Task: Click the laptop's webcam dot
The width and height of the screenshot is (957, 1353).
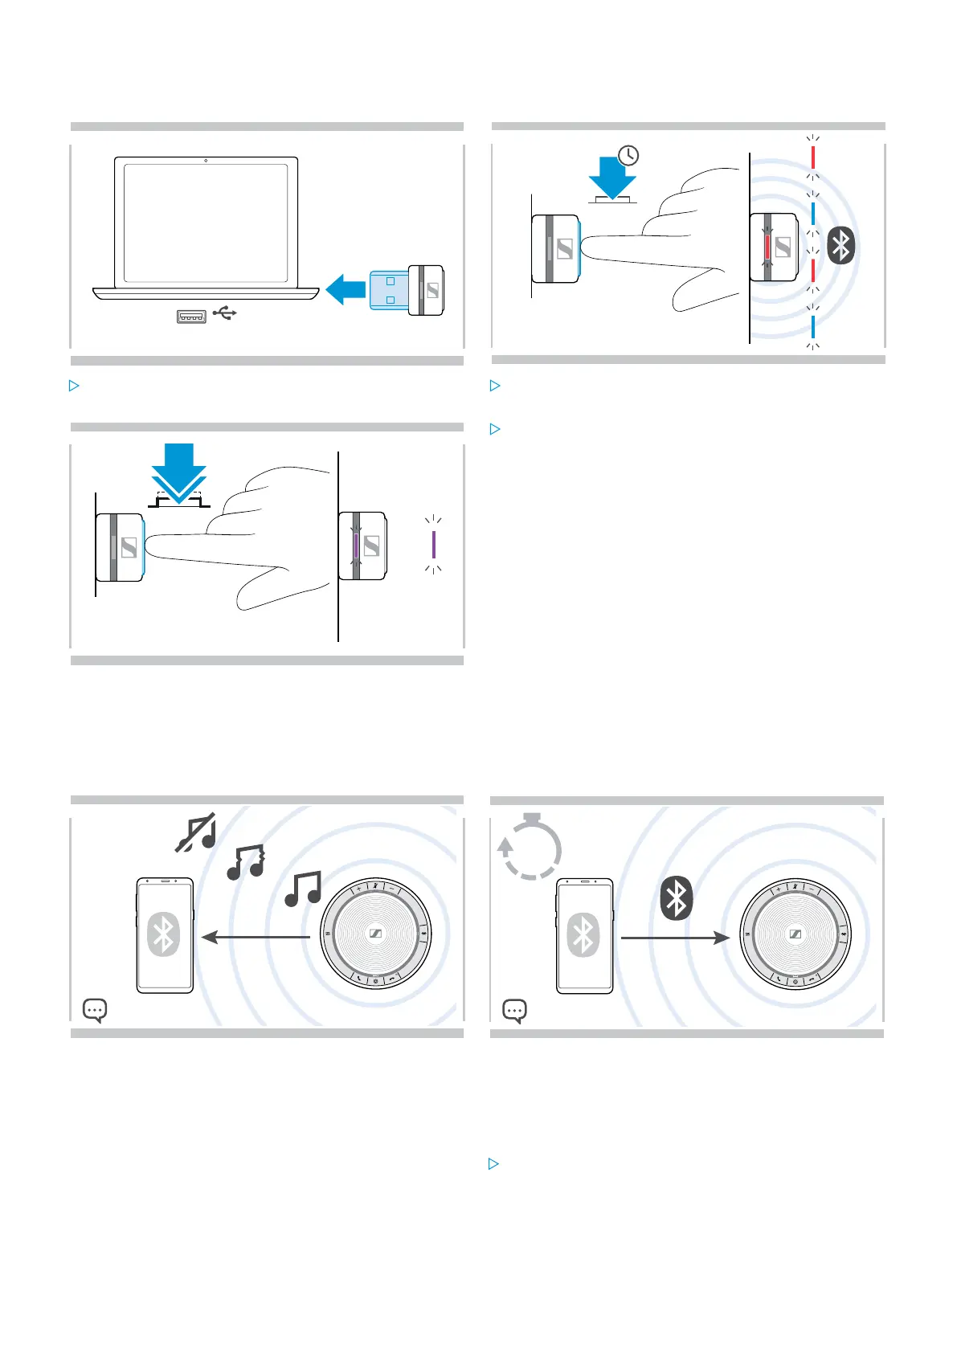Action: [x=206, y=161]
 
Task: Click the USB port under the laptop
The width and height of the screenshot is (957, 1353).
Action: [x=191, y=316]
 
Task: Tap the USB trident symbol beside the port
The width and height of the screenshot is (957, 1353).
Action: [x=225, y=313]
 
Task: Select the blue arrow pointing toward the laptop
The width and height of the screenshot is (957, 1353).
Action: [x=346, y=289]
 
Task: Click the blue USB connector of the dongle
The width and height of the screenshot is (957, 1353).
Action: [x=389, y=290]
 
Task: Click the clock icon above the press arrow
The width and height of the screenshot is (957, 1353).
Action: [x=628, y=155]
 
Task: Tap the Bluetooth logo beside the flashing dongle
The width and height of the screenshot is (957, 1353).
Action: [x=841, y=246]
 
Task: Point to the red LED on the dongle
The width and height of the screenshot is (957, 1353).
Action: [x=767, y=247]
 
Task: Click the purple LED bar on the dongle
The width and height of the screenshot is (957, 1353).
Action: [x=356, y=546]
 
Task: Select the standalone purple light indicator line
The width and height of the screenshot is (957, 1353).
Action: [x=434, y=545]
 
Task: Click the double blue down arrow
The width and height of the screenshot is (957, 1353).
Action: [x=179, y=474]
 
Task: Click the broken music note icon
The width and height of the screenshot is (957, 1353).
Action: [x=246, y=862]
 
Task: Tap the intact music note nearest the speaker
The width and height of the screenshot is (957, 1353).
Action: [x=303, y=889]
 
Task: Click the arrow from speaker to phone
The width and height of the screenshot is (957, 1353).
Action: [x=256, y=937]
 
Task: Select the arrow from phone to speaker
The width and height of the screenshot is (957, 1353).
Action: [x=675, y=938]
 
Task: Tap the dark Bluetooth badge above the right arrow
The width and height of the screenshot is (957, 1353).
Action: [x=677, y=898]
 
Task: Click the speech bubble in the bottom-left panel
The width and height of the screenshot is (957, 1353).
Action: [x=95, y=1010]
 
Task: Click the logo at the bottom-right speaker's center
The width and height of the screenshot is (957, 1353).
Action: [x=795, y=934]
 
